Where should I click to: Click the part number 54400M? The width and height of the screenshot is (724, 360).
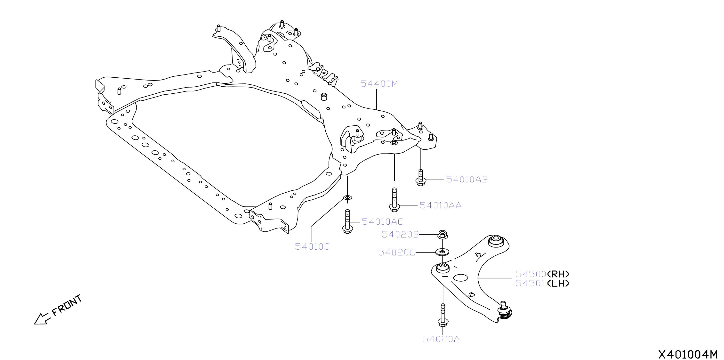coord(379,84)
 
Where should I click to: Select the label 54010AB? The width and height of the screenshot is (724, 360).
coord(467,180)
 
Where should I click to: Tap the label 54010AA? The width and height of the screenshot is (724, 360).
coord(440,206)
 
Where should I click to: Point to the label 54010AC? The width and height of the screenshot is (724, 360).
coord(383,222)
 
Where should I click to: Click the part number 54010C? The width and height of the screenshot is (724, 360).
coord(312,247)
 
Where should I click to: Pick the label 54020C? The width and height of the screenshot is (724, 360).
coord(397,252)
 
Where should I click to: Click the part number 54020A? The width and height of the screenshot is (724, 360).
coord(441,339)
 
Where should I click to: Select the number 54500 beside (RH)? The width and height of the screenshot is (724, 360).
coord(531,274)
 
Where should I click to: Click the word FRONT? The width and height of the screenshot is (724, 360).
coord(67,305)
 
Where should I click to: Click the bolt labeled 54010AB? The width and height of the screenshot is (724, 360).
coord(421,178)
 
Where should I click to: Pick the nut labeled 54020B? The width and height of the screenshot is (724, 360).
coord(443,235)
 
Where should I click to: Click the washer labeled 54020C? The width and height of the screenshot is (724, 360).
coord(442,252)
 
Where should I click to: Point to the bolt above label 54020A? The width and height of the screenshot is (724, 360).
coord(443,315)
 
